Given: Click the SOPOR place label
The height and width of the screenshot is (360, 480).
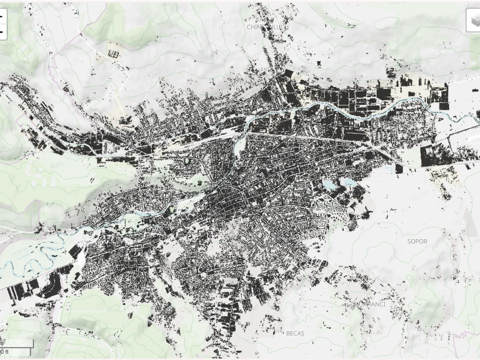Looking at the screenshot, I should click(x=417, y=241).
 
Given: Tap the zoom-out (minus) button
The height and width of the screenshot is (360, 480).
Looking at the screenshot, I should click(x=1, y=32).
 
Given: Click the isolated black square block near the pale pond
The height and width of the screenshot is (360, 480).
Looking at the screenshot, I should click(x=399, y=168).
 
